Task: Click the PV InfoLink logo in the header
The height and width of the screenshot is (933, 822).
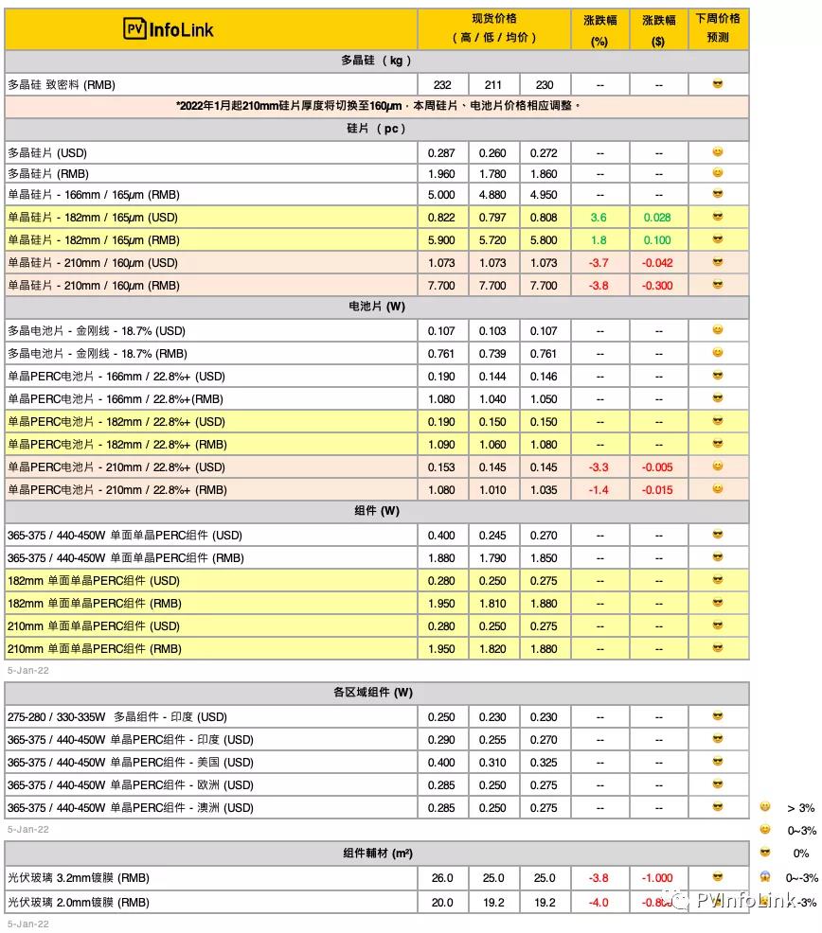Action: [x=170, y=28]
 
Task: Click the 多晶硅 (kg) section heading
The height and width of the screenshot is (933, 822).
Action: [x=377, y=62]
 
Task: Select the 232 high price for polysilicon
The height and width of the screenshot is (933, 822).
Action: [x=442, y=85]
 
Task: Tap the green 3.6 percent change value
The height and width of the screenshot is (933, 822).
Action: [x=599, y=218]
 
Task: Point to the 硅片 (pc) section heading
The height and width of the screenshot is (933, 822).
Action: [x=377, y=130]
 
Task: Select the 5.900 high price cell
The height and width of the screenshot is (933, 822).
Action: [x=442, y=240]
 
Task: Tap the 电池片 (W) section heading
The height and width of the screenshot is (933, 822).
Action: [x=377, y=308]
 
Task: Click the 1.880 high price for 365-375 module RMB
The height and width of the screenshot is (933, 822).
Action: [x=442, y=558]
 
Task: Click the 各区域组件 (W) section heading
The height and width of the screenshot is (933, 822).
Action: [x=377, y=694]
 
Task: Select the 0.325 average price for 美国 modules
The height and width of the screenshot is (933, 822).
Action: [x=544, y=763]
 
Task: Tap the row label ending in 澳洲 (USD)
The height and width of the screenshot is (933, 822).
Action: [x=130, y=808]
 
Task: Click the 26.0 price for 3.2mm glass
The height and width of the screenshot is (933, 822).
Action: [x=442, y=878]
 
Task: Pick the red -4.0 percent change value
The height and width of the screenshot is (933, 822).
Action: [x=599, y=903]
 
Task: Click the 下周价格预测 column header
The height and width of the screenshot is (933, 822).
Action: [x=718, y=28]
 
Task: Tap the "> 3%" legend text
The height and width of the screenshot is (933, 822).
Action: [x=801, y=808]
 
